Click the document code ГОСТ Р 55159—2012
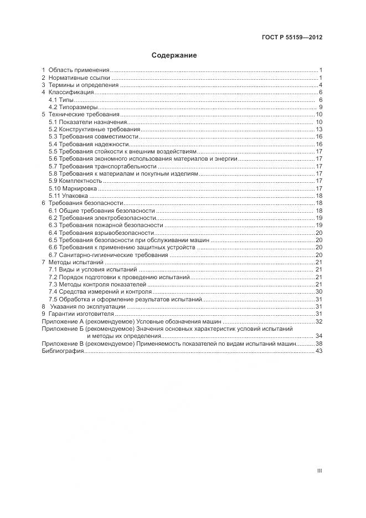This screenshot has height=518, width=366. (x=292, y=38)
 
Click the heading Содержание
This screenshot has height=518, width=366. (x=174, y=55)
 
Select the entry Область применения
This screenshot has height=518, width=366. (x=79, y=70)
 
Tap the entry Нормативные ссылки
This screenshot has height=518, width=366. (x=80, y=78)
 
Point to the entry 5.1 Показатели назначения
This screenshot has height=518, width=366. (x=87, y=122)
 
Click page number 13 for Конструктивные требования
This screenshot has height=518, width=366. (x=319, y=129)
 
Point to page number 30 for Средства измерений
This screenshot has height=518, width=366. (x=319, y=291)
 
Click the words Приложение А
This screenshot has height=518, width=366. (x=60, y=321)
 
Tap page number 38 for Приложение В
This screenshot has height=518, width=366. (x=319, y=343)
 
